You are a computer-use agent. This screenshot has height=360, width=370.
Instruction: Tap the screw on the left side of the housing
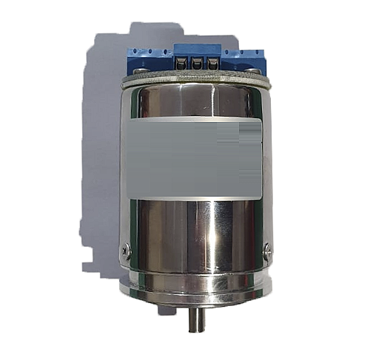[x=127, y=251]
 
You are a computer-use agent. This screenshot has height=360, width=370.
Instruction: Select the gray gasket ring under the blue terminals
[x=196, y=76]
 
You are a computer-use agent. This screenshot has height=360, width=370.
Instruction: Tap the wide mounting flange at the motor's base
[x=196, y=284]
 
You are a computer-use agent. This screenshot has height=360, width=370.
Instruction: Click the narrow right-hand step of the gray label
[x=253, y=170]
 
